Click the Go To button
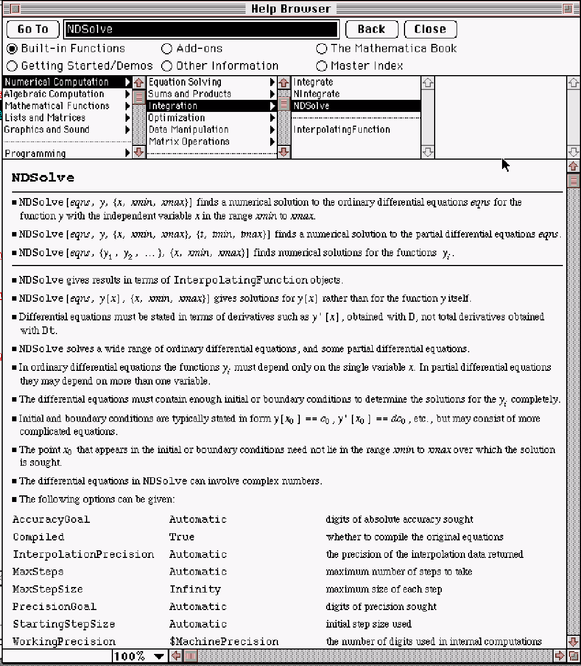click(x=32, y=29)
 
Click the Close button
click(x=430, y=29)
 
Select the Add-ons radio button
click(x=167, y=49)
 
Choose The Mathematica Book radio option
click(x=322, y=49)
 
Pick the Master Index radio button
click(x=322, y=66)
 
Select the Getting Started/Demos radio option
click(x=12, y=66)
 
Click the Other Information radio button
click(x=167, y=66)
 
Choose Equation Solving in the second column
click(x=185, y=82)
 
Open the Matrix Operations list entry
click(x=189, y=142)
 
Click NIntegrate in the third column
click(x=316, y=94)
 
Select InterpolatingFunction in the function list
click(x=341, y=129)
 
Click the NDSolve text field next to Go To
click(x=201, y=29)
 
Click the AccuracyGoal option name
click(x=51, y=519)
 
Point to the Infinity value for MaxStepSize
click(x=195, y=589)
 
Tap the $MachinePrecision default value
click(x=224, y=641)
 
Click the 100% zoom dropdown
click(x=139, y=656)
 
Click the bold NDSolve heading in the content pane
click(x=43, y=178)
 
